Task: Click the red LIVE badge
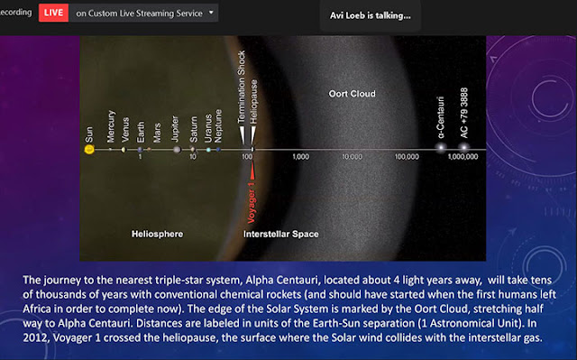(53, 13)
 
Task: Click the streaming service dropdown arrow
(211, 12)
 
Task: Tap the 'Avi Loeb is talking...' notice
(371, 15)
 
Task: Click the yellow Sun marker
(89, 149)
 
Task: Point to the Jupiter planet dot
(177, 150)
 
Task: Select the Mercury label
(111, 126)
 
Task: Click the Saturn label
(194, 129)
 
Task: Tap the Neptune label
(218, 126)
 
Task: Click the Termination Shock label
(241, 87)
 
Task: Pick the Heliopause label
(253, 102)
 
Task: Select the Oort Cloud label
(353, 94)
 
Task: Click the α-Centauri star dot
(441, 148)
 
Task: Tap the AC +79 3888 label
(463, 113)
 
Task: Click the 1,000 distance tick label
(300, 157)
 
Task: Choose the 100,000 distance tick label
(407, 157)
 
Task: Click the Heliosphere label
(157, 234)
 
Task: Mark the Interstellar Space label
(280, 234)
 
